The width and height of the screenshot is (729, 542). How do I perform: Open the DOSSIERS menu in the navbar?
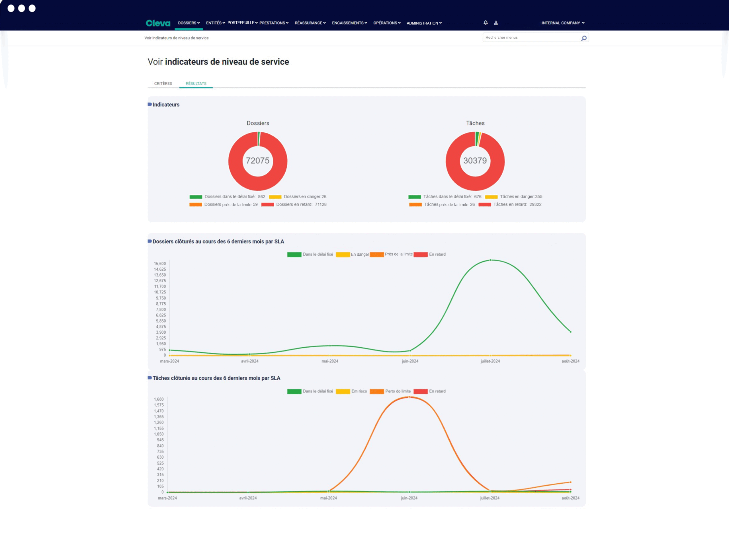click(189, 23)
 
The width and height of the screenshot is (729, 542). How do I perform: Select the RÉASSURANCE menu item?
click(310, 23)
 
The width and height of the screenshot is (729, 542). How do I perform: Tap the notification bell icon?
click(486, 23)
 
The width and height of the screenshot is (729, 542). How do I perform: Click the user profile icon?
click(496, 23)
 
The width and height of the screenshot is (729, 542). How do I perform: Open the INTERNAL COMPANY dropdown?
click(563, 23)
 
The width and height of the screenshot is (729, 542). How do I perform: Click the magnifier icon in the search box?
click(583, 38)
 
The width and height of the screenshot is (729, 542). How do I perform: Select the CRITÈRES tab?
click(163, 84)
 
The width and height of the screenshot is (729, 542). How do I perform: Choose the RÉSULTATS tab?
click(196, 84)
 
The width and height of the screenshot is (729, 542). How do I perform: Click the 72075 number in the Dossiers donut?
click(258, 161)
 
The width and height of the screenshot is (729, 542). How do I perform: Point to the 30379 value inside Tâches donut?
click(475, 161)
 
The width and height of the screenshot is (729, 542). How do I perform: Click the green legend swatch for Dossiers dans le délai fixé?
click(196, 197)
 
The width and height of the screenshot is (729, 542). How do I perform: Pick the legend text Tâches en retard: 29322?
click(517, 204)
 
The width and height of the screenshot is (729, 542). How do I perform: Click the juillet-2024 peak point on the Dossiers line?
click(490, 260)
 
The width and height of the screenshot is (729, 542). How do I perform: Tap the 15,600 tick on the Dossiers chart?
click(160, 263)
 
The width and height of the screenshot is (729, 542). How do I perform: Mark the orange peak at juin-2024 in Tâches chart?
click(409, 397)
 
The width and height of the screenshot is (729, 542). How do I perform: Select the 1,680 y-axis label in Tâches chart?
click(159, 399)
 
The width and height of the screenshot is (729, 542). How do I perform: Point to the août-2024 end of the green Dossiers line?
click(570, 332)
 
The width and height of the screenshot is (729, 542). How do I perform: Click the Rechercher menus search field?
click(532, 37)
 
